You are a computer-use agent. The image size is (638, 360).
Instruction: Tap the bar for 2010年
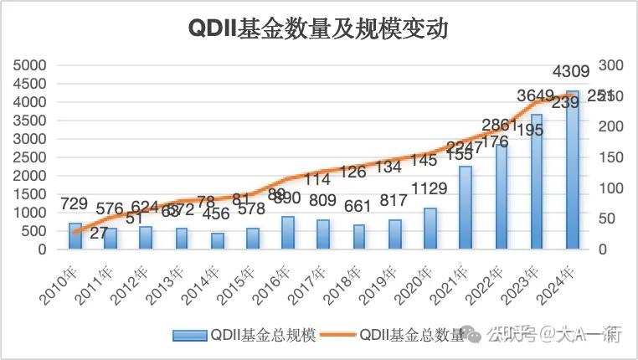tap(75, 236)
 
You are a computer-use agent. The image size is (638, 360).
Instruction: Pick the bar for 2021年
tap(466, 208)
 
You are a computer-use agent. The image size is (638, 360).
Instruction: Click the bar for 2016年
tap(288, 233)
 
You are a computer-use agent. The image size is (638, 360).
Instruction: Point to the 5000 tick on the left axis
tap(37, 65)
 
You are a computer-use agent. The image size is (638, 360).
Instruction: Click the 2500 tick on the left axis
tap(37, 157)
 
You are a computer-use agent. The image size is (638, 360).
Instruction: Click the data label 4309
tap(572, 70)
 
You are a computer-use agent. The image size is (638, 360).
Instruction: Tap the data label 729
tap(75, 204)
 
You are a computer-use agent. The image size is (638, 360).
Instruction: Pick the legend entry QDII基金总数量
tap(411, 335)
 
